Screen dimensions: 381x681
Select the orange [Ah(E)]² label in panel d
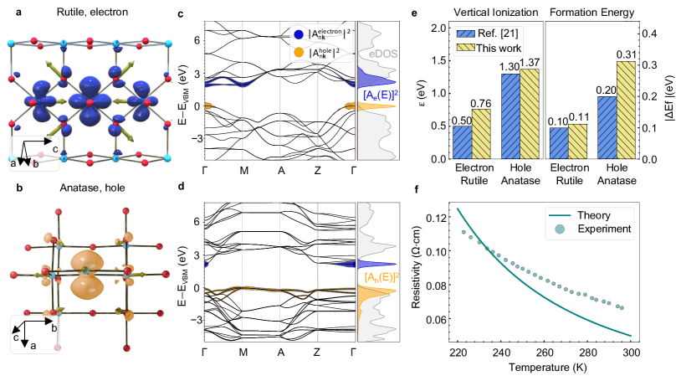point(381,277)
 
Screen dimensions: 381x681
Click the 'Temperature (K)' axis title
point(543,368)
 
